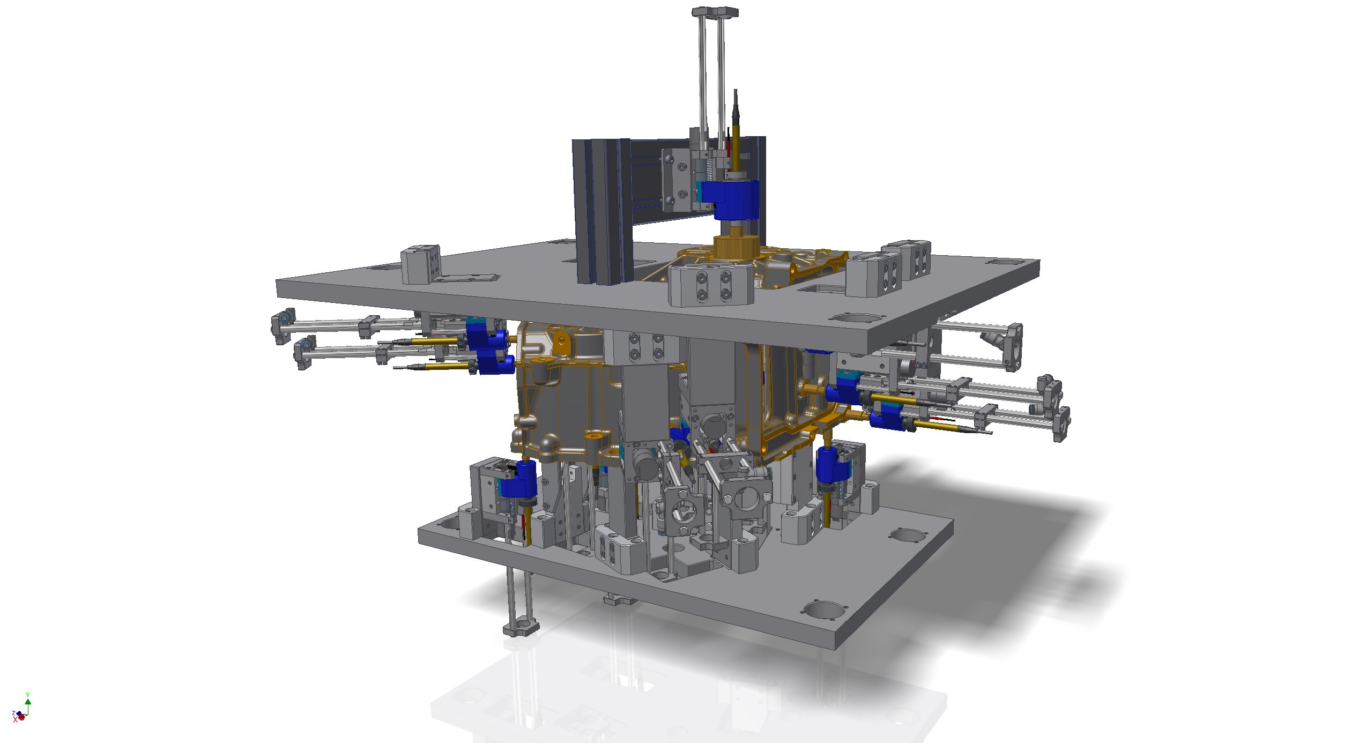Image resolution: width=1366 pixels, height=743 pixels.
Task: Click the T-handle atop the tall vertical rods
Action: click(x=715, y=12)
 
